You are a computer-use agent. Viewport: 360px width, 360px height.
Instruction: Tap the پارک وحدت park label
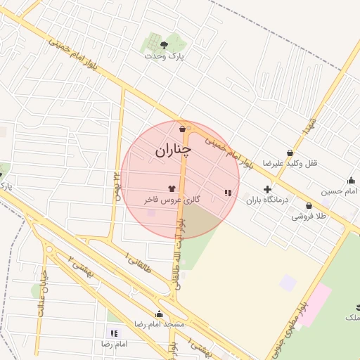point(164,56)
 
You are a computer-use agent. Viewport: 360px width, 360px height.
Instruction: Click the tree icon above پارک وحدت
point(164,44)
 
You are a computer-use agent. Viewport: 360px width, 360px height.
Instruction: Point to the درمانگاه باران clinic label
point(267,200)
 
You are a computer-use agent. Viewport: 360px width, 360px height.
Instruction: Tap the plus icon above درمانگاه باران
point(267,189)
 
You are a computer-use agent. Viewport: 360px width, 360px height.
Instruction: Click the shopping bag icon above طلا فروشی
point(309,205)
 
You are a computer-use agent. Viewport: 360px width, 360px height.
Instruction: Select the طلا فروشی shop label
point(309,217)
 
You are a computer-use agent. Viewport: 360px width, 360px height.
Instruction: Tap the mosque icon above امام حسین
point(351,180)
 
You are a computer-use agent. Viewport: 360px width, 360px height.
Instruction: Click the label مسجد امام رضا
point(160,325)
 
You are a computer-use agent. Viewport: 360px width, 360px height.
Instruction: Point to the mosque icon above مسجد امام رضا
point(160,314)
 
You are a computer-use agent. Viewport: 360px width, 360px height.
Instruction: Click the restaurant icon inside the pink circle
point(227,192)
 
